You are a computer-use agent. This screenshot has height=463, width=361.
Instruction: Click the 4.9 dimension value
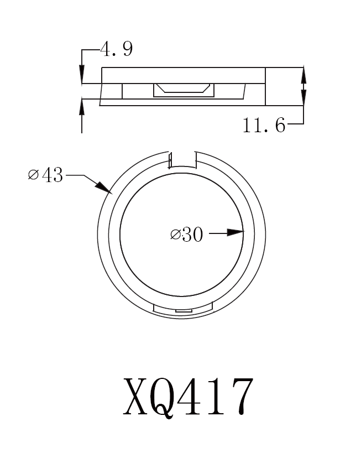point(116,50)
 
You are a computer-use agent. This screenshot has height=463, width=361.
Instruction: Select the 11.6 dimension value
point(264,126)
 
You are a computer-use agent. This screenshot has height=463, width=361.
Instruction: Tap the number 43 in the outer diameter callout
point(51,176)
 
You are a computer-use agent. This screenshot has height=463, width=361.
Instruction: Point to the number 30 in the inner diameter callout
point(192,235)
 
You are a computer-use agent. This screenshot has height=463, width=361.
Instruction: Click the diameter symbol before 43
point(33,176)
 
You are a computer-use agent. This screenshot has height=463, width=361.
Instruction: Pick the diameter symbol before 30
point(175,235)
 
